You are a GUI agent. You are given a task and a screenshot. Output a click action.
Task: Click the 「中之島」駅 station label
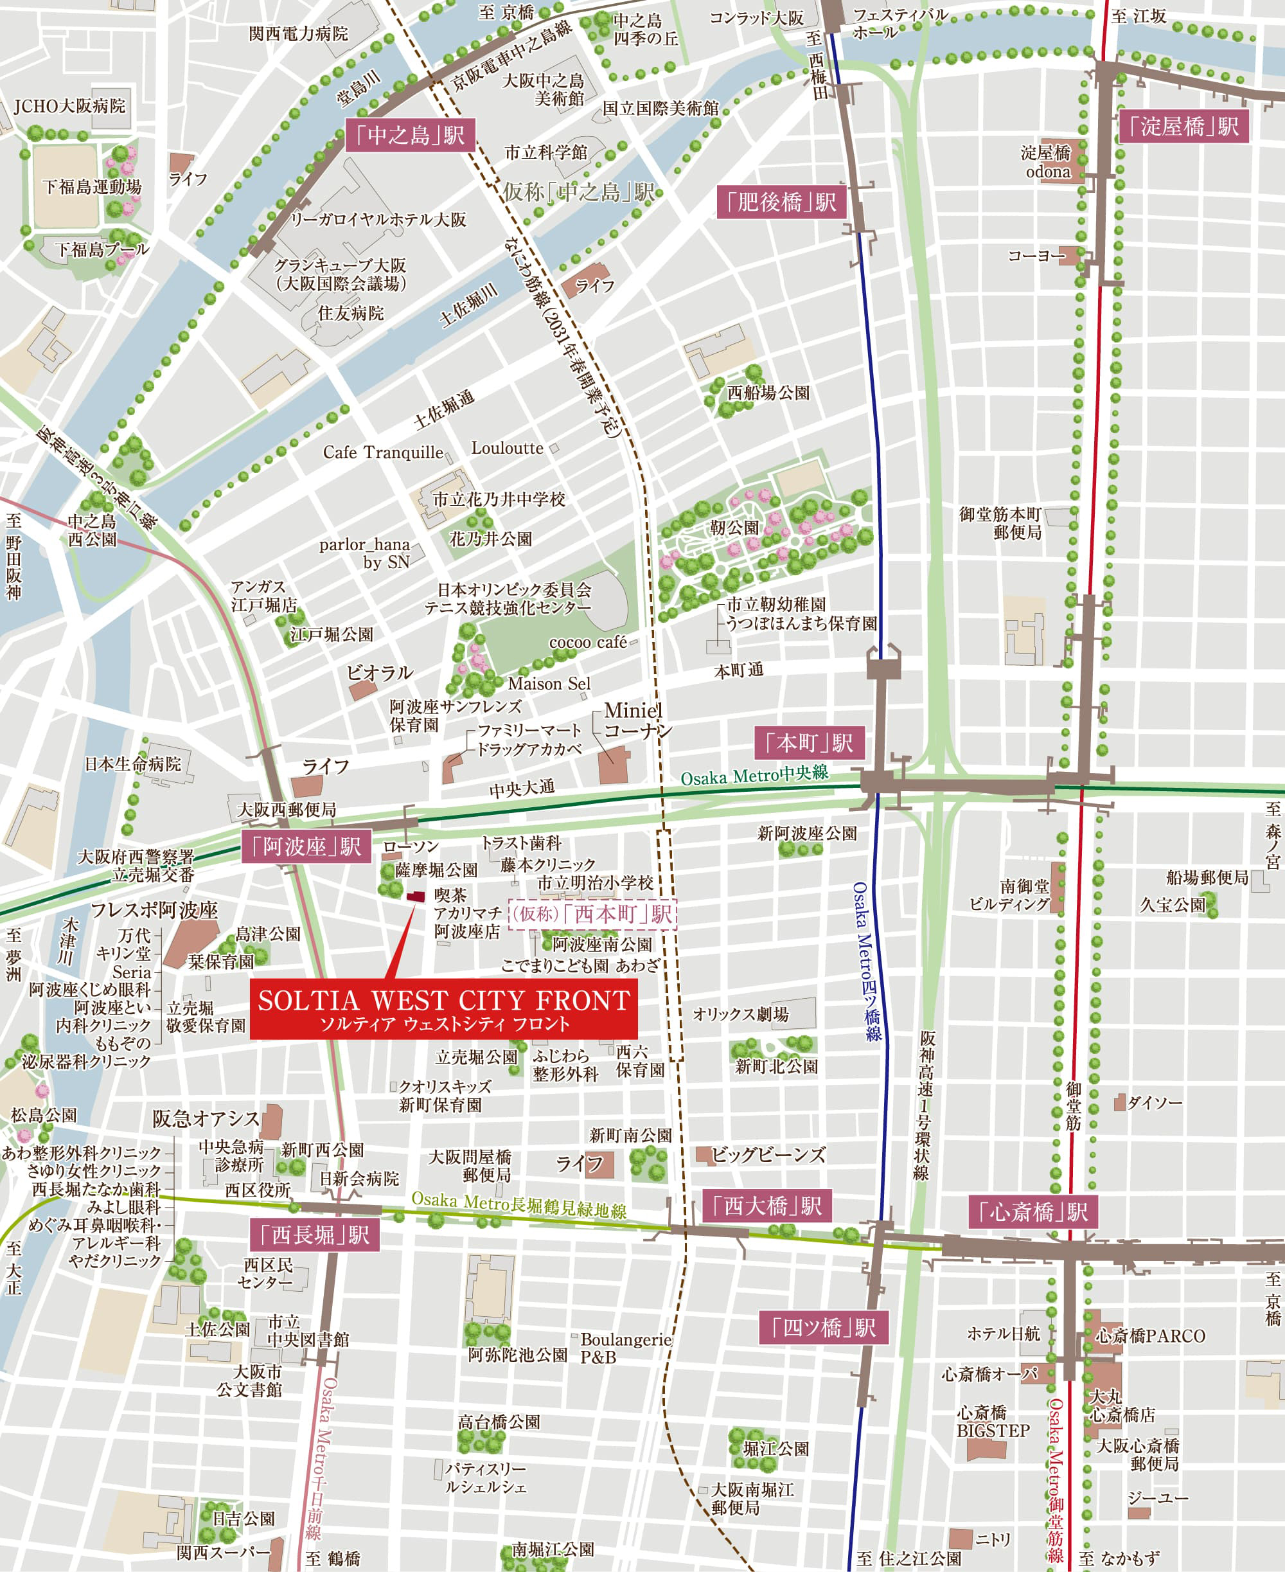[x=409, y=136]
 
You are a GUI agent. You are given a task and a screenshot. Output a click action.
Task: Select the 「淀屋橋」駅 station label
[x=1183, y=127]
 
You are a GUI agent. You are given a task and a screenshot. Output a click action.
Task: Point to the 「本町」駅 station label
[x=809, y=743]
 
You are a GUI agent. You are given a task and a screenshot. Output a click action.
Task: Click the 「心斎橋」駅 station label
[x=1033, y=1212]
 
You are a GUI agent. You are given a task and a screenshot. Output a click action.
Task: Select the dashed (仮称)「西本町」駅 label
[x=593, y=914]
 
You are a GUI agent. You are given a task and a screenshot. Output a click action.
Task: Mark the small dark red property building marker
[x=416, y=896]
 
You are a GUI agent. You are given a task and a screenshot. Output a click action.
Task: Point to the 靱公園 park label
[x=734, y=528]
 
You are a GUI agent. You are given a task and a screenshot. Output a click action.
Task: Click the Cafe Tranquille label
[x=383, y=452]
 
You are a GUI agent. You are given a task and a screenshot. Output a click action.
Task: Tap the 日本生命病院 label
[x=132, y=764]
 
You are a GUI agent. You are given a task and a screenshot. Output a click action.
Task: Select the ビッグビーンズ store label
[x=768, y=1154]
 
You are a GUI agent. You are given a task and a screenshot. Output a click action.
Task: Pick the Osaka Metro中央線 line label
[x=754, y=775]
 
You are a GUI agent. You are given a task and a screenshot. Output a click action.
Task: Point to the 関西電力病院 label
[x=298, y=33]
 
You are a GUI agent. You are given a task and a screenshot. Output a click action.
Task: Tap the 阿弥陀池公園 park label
[x=517, y=1355]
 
